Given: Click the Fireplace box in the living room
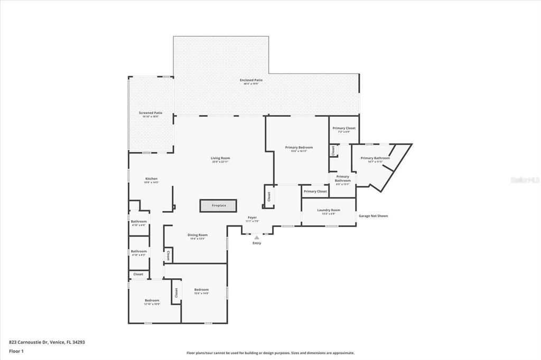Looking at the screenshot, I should [219, 205].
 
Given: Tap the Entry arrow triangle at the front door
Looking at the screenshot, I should [257, 238].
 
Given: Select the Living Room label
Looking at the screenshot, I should [220, 158].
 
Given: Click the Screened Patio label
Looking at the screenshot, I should [151, 113].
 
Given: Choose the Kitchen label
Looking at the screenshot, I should [152, 179].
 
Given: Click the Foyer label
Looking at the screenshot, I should [252, 217].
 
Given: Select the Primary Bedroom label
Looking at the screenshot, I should [299, 147].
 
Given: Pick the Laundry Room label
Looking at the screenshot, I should [329, 210].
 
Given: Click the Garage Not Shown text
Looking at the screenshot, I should [374, 216].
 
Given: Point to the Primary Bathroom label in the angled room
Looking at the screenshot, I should [375, 158].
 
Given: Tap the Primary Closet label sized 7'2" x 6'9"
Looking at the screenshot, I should [343, 128].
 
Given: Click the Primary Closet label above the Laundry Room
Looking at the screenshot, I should [315, 191].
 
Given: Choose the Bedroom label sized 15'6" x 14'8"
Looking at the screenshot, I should [201, 289].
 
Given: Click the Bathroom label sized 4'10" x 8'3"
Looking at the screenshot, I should [139, 251].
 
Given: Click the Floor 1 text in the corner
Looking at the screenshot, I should [16, 350].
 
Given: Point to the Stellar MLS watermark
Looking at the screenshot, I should [524, 180].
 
